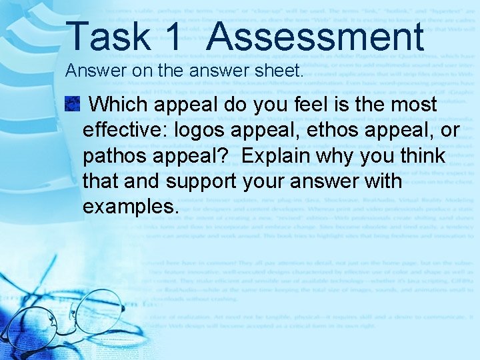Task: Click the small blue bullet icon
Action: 72,104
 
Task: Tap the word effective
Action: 125,130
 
